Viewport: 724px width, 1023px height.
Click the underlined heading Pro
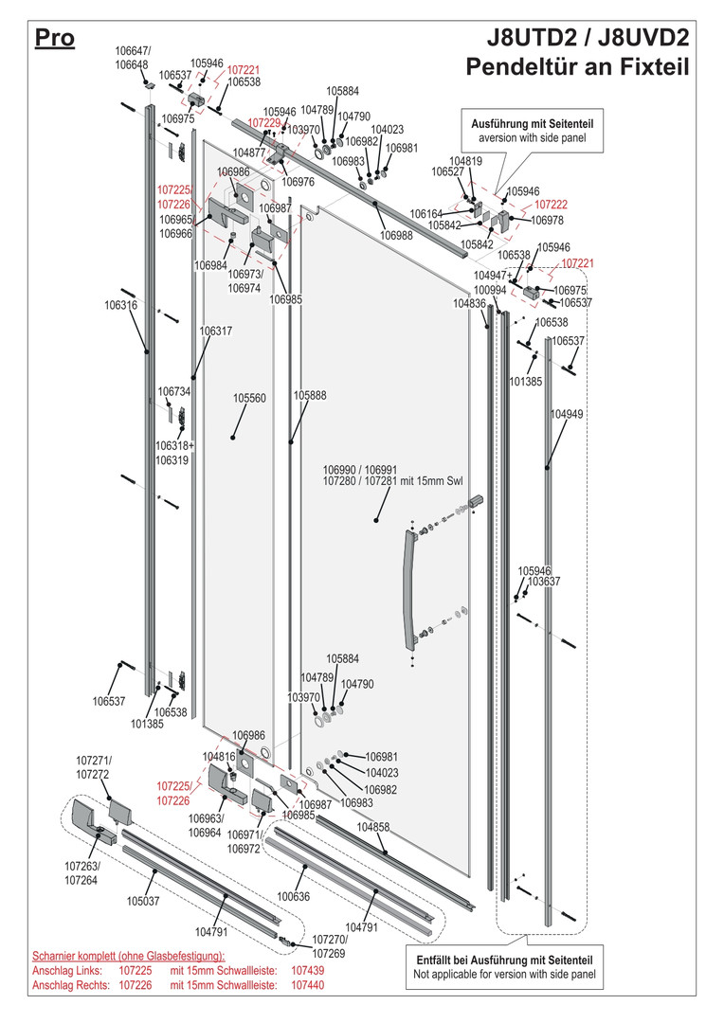pos(54,39)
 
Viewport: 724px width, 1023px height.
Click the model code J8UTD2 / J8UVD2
pos(588,39)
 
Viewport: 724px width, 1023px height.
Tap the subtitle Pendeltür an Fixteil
pos(577,68)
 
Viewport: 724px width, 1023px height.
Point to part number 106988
pos(396,236)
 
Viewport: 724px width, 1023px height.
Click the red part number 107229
pos(264,123)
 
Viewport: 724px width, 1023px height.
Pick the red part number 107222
pos(552,205)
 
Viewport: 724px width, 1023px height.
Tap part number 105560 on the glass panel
pos(249,399)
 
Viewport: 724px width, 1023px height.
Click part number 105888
pos(310,396)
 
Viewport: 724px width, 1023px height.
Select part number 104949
pos(567,415)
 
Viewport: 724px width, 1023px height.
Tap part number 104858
pos(373,827)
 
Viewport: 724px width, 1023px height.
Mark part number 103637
pos(543,582)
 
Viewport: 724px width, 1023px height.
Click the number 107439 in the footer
pos(307,971)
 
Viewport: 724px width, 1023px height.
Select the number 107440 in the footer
pos(307,986)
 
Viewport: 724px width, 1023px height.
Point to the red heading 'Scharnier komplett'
pos(129,956)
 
